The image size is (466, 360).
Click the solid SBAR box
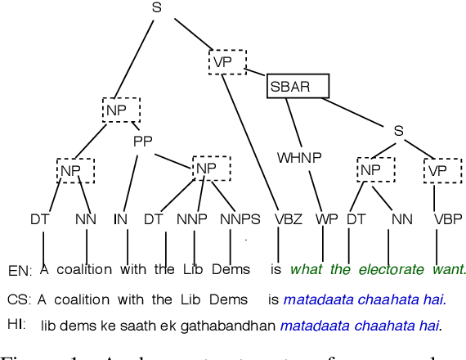(298, 86)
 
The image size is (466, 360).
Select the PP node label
(143, 141)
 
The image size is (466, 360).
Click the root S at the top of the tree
(157, 8)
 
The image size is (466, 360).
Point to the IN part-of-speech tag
(121, 218)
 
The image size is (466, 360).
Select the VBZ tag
(287, 218)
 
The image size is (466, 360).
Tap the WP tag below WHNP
(327, 218)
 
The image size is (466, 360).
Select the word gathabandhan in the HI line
(224, 326)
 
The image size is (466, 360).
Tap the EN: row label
(20, 270)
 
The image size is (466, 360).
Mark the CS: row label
(19, 299)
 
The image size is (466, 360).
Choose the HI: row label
(16, 326)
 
